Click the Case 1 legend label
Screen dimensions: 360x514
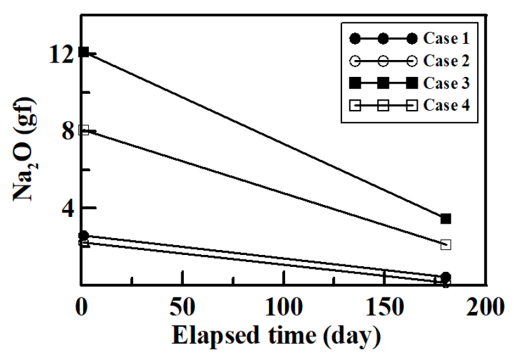(446, 39)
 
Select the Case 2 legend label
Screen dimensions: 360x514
(446, 61)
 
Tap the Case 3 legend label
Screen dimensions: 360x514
(446, 83)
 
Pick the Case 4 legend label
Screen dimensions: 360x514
(446, 105)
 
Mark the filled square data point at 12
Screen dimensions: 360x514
(84, 52)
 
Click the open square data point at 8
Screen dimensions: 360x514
(84, 129)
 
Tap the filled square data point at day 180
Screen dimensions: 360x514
(446, 219)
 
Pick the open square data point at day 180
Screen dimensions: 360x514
(446, 244)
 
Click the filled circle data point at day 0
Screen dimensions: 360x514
(84, 236)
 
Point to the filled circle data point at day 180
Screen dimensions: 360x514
(446, 277)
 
